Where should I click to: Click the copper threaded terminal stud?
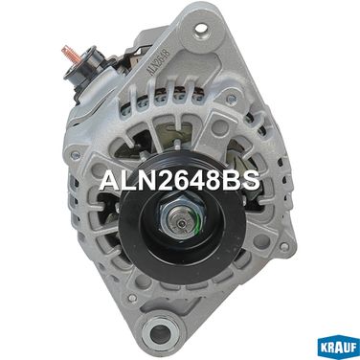(x=69, y=54)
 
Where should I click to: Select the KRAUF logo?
(x=339, y=348)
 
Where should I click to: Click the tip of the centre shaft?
(x=181, y=223)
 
